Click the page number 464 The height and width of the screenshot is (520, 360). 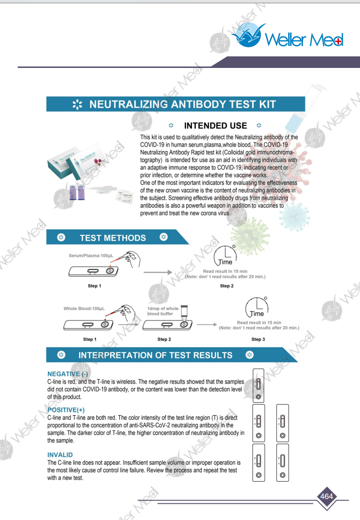coord(326,496)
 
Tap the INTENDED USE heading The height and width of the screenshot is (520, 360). coord(215,126)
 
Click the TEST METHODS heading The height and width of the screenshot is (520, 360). coord(112,238)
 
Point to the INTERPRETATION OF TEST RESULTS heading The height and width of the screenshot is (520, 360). coord(155,355)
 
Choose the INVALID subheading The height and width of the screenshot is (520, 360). coord(60,454)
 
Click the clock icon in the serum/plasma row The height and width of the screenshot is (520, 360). coord(225,256)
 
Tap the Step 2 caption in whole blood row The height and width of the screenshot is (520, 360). coord(164,339)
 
